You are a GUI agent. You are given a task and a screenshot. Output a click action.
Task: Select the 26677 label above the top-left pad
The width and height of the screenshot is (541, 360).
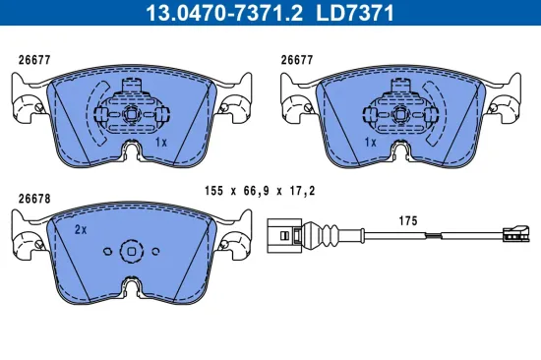coord(33,58)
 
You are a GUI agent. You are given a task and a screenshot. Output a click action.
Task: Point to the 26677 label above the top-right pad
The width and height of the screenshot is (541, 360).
coord(297,58)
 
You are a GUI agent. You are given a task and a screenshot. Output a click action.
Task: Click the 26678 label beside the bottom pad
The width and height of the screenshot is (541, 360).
coord(33,197)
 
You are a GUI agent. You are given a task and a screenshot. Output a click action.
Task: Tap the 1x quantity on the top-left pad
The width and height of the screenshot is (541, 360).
coord(162,143)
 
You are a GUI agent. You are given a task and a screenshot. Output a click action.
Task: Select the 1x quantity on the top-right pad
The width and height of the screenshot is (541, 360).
coord(371,143)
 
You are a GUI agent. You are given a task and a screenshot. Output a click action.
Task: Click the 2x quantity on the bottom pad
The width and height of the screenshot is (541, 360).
coord(82,228)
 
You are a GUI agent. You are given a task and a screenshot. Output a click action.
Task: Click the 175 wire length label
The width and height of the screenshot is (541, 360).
coord(407,220)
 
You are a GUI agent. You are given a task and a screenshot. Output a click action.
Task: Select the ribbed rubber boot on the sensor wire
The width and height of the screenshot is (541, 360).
coord(319,237)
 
